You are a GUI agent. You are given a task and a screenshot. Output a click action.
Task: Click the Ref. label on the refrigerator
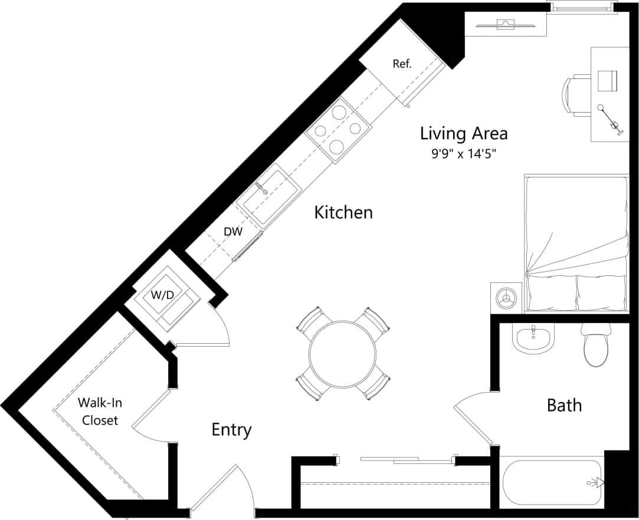point(402,64)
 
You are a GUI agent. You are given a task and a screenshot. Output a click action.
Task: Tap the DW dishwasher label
point(233,232)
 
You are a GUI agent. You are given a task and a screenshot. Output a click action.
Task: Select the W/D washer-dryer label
point(162,295)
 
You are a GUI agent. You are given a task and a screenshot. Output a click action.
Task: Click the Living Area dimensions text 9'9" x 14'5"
point(463,154)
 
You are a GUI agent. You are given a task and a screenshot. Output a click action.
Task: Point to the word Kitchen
point(343,212)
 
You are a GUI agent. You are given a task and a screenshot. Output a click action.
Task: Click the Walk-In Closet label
point(100,412)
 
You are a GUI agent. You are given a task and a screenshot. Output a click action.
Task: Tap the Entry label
point(231,430)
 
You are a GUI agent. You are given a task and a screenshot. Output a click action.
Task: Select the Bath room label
point(564,406)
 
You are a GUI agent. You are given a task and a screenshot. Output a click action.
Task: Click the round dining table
point(342,354)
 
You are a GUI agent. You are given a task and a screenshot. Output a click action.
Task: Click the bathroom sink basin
point(533,340)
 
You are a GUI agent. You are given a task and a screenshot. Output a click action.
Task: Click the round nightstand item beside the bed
point(506,298)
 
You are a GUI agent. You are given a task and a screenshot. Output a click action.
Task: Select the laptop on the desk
point(607,81)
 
